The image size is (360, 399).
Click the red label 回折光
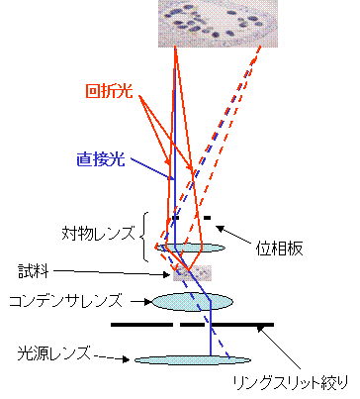(109, 91)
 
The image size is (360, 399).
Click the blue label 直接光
(101, 159)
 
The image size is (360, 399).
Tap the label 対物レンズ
(98, 234)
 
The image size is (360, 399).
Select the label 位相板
(279, 249)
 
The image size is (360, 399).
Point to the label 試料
(34, 271)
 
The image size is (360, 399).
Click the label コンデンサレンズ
(65, 301)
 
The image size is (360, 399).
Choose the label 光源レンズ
(53, 352)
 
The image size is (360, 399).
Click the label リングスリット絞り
(291, 383)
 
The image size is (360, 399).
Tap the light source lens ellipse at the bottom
(193, 360)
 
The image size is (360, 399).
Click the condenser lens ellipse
(192, 302)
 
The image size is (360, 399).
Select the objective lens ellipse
(190, 248)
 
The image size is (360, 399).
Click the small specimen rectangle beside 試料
(192, 273)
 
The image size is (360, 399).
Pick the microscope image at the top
(218, 24)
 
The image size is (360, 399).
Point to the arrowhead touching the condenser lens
(148, 301)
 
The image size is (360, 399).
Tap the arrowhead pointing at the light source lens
(126, 359)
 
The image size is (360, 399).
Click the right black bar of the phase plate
(207, 218)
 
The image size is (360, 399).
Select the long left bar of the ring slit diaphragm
(141, 325)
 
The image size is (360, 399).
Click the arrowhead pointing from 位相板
(221, 229)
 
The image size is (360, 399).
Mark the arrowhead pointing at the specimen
(166, 274)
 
